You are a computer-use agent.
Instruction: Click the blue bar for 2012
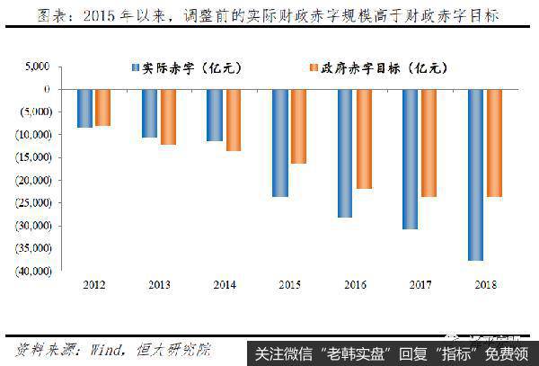tap(84, 108)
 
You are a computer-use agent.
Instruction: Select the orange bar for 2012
tap(102, 107)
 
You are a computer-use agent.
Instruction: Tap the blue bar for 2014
tap(215, 114)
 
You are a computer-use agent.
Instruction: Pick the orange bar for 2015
tap(298, 126)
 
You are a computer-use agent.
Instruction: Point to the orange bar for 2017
tap(429, 143)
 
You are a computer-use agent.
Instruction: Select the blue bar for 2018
tap(475, 174)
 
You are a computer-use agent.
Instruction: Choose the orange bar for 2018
tap(493, 143)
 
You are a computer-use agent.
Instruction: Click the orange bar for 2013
tap(168, 117)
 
